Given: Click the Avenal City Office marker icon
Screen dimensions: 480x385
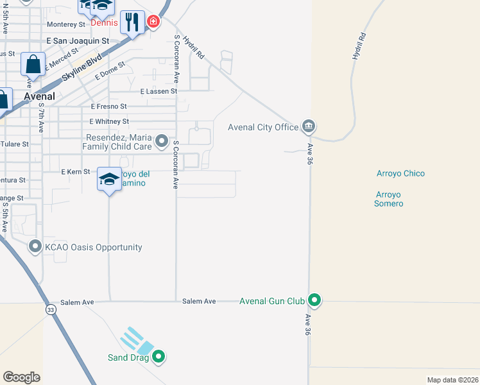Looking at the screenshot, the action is pyautogui.click(x=309, y=126).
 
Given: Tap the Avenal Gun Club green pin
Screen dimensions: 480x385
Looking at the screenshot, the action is pyautogui.click(x=314, y=300).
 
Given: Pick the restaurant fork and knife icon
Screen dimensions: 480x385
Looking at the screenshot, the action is pyautogui.click(x=133, y=23).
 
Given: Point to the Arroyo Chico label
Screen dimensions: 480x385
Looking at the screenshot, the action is pyautogui.click(x=400, y=173).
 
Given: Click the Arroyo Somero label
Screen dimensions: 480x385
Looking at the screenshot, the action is pyautogui.click(x=389, y=199).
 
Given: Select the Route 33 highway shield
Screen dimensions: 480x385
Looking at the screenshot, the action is pyautogui.click(x=49, y=310).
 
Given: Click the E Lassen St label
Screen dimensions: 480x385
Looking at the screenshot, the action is pyautogui.click(x=158, y=92).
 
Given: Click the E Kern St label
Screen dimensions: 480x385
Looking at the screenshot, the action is pyautogui.click(x=75, y=172).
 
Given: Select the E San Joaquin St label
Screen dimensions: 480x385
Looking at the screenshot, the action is pyautogui.click(x=76, y=40).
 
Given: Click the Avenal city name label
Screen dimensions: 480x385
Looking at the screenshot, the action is pyautogui.click(x=39, y=96).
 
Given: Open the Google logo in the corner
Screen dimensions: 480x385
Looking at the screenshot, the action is pyautogui.click(x=21, y=377).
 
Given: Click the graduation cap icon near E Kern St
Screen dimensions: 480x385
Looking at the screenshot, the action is pyautogui.click(x=109, y=178).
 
